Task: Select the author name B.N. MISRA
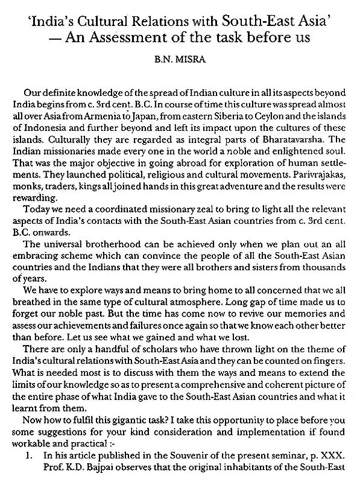[180, 59]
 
